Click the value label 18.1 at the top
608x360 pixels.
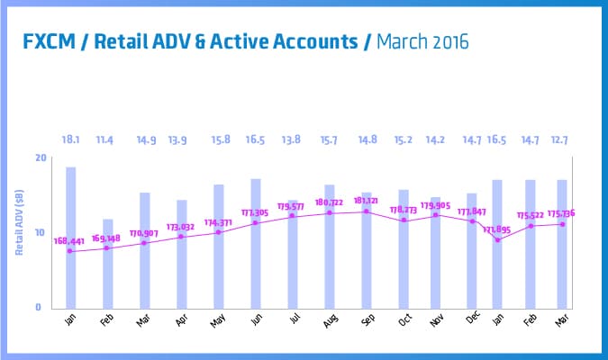coord(70,140)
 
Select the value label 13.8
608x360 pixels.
coord(293,140)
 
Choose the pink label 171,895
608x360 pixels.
coord(496,230)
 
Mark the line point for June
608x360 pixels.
coord(256,222)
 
